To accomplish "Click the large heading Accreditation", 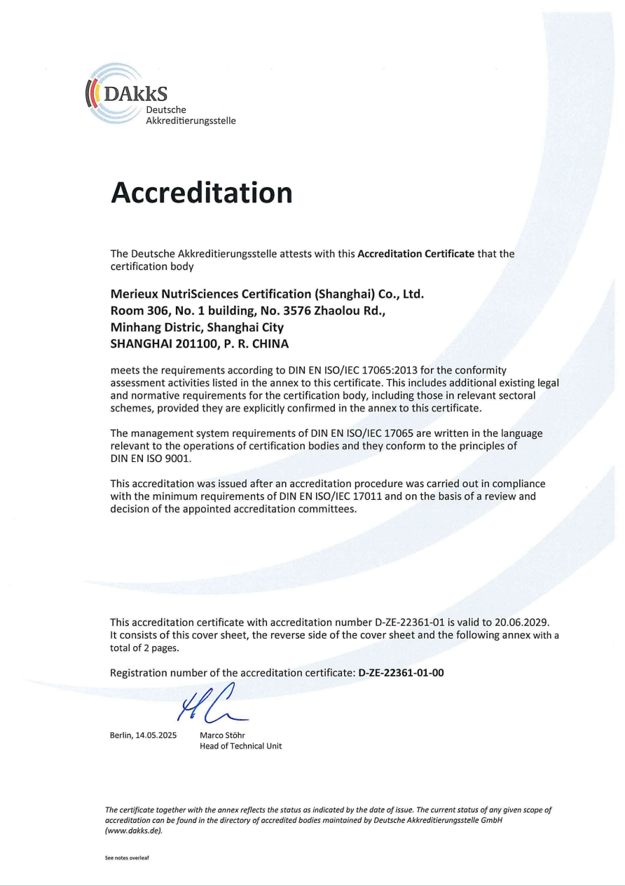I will tap(201, 192).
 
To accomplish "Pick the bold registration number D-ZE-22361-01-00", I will tap(401, 673).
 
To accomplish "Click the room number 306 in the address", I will tap(156, 310).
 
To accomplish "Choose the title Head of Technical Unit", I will tap(240, 746).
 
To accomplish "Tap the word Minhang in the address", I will tap(136, 327).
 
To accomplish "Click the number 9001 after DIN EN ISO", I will tap(178, 458).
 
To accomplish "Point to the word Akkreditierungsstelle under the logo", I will tap(191, 121).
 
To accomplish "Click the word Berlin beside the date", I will tap(121, 735).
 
